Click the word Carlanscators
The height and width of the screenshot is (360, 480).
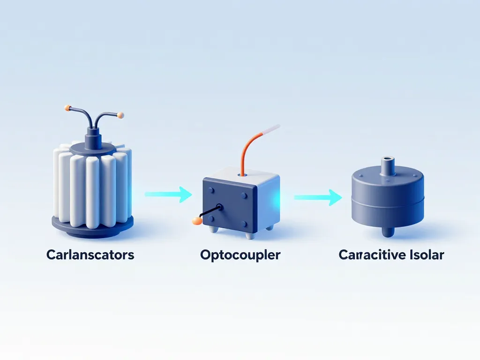tap(90, 255)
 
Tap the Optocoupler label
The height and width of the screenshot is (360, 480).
tap(240, 255)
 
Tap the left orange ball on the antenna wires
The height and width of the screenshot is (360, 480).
tap(67, 108)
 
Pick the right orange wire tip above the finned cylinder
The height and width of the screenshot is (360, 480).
tap(120, 114)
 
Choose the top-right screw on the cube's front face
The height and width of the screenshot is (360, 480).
tap(243, 195)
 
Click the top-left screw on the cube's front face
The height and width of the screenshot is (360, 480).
tap(211, 190)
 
